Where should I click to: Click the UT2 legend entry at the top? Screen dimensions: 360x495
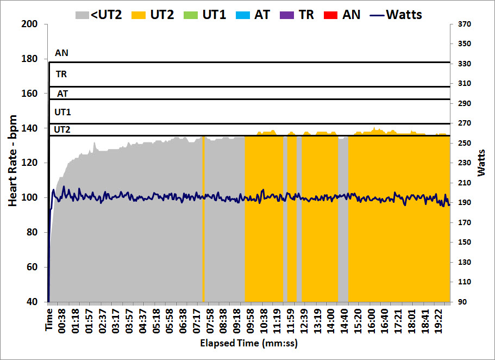(x=153, y=14)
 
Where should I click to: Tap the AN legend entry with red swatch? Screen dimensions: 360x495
(x=342, y=14)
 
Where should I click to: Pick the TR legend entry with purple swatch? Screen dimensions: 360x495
(x=298, y=14)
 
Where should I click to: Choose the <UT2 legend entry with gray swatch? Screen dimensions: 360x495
(x=98, y=14)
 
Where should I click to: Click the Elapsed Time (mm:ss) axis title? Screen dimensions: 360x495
(x=249, y=343)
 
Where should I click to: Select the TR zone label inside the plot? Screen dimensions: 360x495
(x=61, y=74)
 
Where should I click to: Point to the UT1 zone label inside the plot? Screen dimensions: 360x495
(x=62, y=112)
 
